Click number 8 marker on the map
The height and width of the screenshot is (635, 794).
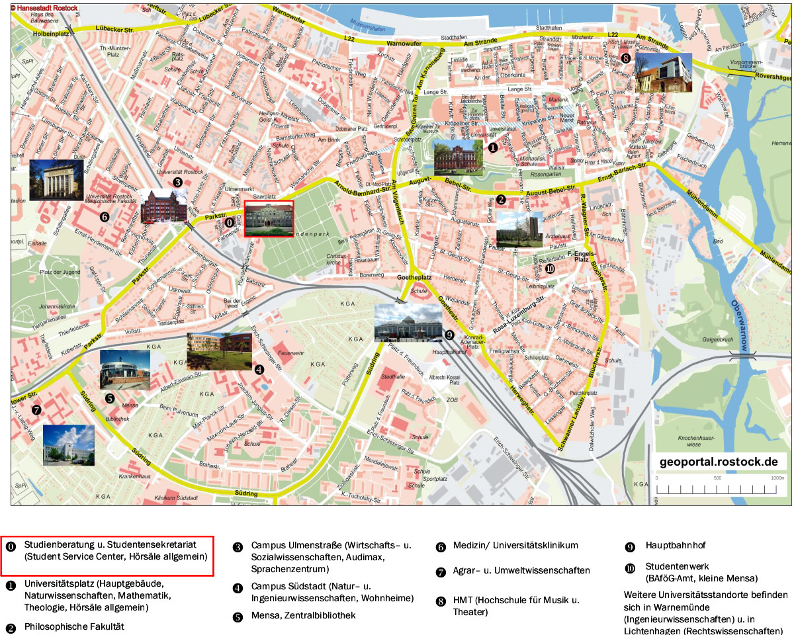pos(626,58)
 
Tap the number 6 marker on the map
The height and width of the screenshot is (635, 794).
pos(104,216)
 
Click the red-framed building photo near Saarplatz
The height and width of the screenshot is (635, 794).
pos(269,218)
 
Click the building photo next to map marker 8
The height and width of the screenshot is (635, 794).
pos(663,73)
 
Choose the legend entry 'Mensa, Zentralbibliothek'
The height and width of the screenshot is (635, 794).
pos(303,615)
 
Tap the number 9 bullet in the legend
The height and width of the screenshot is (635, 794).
pos(630,547)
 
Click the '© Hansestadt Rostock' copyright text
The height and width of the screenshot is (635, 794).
pos(44,8)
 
